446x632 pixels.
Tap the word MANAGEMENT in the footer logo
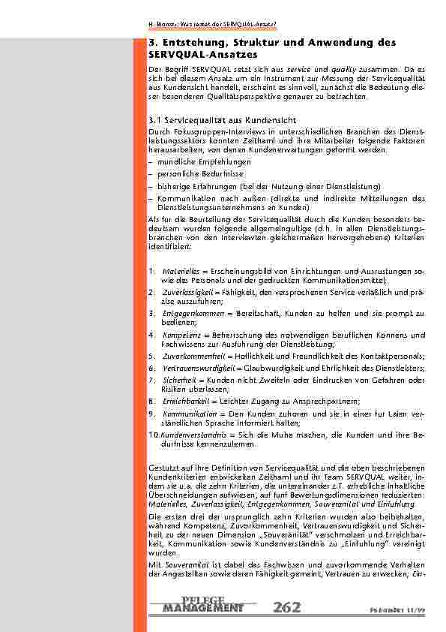[202, 608]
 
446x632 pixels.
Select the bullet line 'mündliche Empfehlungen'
[193, 161]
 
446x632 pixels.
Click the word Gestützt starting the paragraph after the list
[164, 468]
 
